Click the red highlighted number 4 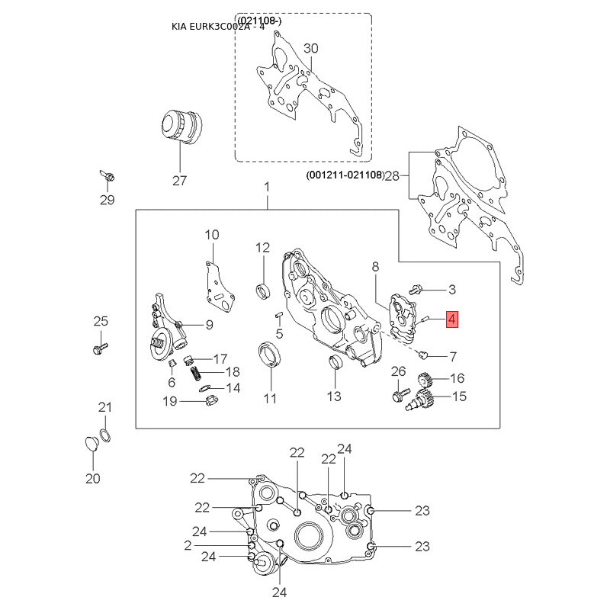451,319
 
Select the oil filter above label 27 181,127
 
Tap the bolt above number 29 108,176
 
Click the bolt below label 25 101,348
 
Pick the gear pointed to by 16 425,379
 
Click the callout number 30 311,48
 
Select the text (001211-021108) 345,175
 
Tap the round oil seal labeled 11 269,355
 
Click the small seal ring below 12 264,291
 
